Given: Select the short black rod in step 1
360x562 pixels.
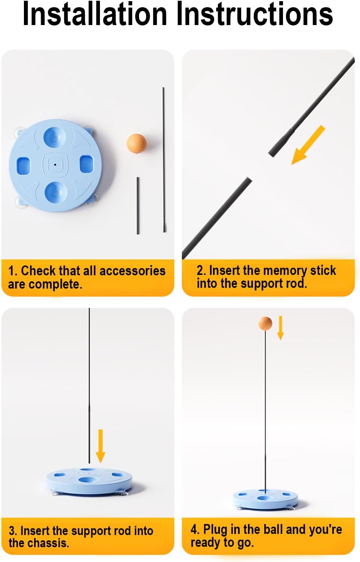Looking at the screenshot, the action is [138, 205].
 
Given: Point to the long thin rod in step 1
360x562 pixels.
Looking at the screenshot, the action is [164, 159].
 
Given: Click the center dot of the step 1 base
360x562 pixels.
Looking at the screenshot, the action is [55, 165].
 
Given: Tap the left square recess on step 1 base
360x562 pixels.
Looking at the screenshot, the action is [23, 164].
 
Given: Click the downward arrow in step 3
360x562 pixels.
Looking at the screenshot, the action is [100, 446].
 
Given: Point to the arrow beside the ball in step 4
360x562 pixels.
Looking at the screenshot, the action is [281, 328].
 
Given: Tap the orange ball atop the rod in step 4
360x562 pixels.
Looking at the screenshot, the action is [265, 324].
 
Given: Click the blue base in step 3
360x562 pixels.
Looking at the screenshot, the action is [90, 481].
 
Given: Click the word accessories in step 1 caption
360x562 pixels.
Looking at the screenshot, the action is [133, 271].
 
